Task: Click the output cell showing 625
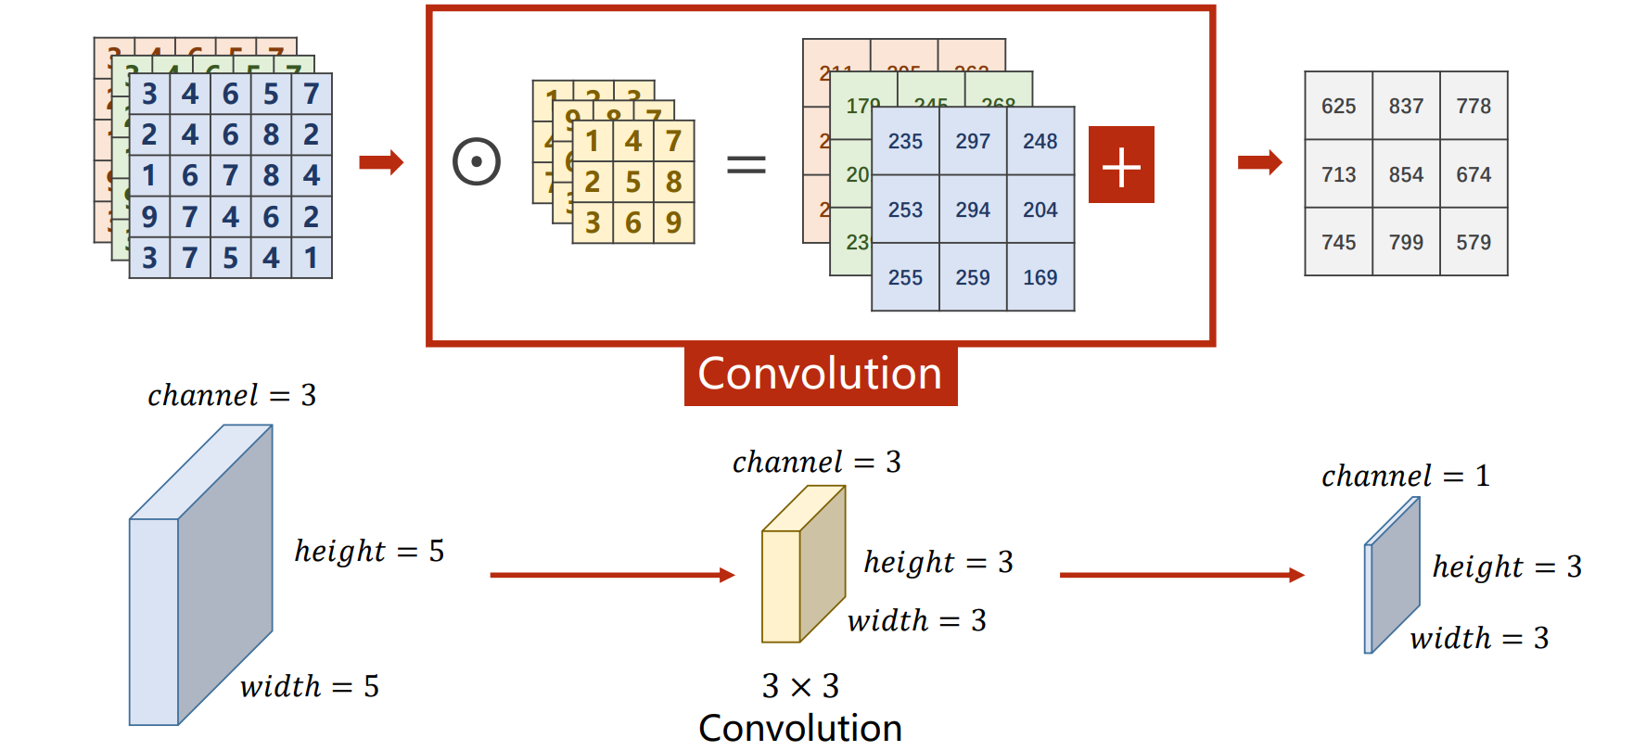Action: coord(1338,106)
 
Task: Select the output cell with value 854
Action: coord(1406,174)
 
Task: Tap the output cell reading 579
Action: coord(1474,242)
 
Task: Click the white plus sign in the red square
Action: coord(1121,165)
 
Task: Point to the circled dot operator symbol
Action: coord(477,162)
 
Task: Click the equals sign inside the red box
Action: coord(746,165)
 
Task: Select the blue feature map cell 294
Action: coord(973,210)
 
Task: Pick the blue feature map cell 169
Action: coord(1040,277)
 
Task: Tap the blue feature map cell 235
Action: coord(905,141)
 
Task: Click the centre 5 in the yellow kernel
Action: coord(633,182)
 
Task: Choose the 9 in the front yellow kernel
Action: coord(674,223)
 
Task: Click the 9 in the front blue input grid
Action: coord(149,217)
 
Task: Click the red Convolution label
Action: coord(820,375)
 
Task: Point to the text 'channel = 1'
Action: coord(1405,476)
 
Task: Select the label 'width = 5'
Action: coord(309,686)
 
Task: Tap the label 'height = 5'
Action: coord(369,551)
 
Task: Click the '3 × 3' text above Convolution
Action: coord(800,686)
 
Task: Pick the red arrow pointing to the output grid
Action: coord(1259,163)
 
